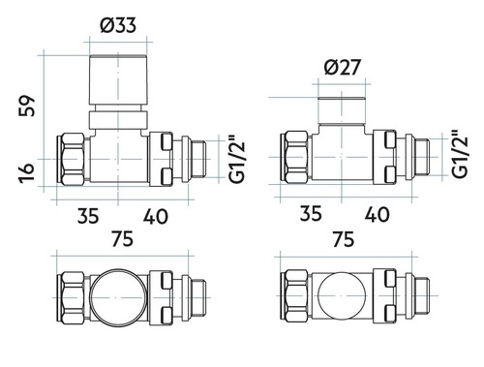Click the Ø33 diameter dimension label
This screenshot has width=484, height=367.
coord(118,25)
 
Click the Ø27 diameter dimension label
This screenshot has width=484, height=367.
coord(342,68)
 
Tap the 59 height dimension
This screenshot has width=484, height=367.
coord(27,106)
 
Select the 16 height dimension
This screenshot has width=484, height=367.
coord(26,172)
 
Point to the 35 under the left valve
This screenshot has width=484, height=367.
coord(88,216)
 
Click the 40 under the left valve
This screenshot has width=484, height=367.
coord(156,216)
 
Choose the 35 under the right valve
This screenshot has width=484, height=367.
coord(311,213)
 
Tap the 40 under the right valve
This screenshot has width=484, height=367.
coord(377,214)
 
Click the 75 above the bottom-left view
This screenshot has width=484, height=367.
coord(122,239)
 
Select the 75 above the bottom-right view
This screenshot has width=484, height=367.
coord(344,239)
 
